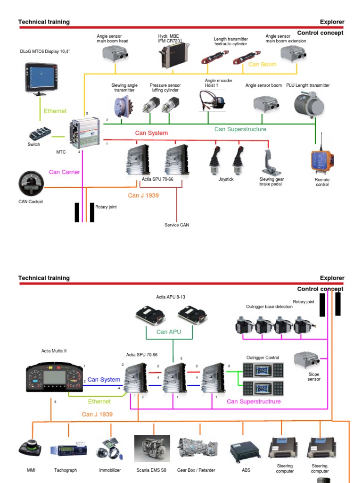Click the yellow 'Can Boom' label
tap(262, 64)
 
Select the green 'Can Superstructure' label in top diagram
tap(240, 129)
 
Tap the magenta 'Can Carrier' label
tap(64, 172)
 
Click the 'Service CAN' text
tap(177, 225)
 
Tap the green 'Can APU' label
tap(168, 332)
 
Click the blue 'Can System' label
tap(104, 380)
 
